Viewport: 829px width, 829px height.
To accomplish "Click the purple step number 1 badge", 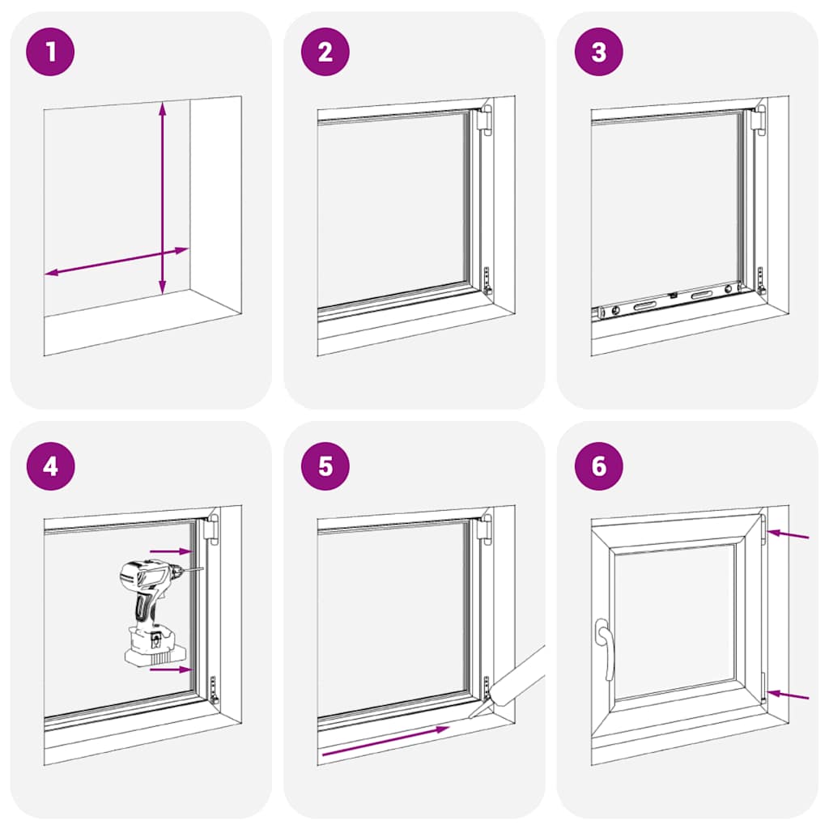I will point(51,53).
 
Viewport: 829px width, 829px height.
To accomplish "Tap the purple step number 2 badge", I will point(325,53).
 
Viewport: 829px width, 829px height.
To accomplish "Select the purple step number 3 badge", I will point(598,53).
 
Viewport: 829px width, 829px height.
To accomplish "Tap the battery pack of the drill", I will point(151,648).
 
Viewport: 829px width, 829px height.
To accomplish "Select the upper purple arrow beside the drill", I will point(170,551).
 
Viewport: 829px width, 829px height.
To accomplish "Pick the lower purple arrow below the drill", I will point(171,670).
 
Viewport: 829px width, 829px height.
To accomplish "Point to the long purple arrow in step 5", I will point(385,741).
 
